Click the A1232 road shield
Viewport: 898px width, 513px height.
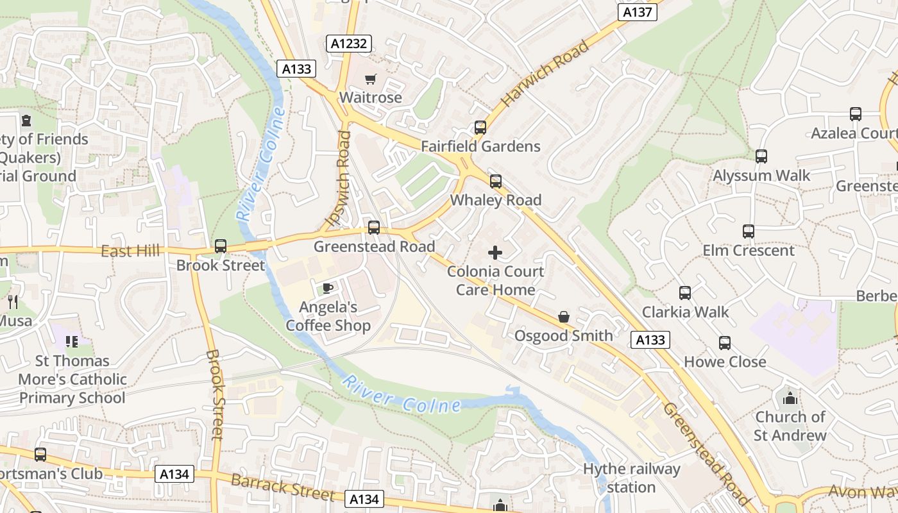point(349,44)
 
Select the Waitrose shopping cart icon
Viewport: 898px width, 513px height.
point(370,80)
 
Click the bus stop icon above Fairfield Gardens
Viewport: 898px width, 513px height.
point(480,128)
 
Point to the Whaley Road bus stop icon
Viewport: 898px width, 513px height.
point(495,181)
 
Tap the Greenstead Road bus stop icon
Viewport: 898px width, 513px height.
point(373,228)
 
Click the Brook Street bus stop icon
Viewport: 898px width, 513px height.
point(220,246)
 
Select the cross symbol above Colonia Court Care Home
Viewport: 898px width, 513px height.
point(495,253)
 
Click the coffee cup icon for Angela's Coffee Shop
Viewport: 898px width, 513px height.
point(327,288)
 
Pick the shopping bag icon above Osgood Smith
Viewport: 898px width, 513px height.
point(563,317)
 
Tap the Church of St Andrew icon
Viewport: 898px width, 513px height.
point(790,398)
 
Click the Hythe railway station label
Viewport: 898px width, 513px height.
point(631,478)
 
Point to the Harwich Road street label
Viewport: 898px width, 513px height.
point(545,74)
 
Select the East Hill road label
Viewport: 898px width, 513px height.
point(130,251)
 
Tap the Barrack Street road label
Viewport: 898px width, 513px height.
point(282,487)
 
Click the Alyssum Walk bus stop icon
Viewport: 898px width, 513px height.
point(761,156)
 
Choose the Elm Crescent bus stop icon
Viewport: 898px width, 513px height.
point(748,231)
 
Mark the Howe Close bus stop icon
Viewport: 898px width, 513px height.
point(725,343)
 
